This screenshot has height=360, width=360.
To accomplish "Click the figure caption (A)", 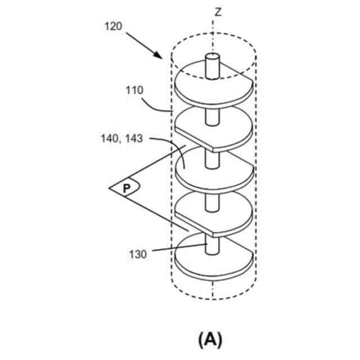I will point(211,339).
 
